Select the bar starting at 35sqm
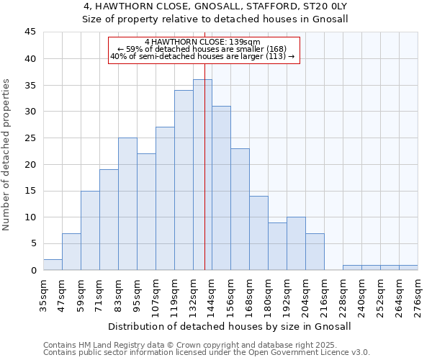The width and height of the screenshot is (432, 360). (53, 265)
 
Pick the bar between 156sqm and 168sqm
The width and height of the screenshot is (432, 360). (240, 209)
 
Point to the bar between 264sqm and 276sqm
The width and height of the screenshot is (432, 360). (408, 268)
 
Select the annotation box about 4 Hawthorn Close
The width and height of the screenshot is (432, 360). (204, 50)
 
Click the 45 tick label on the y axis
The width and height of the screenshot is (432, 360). (30, 32)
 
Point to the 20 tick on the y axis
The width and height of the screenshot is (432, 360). (30, 164)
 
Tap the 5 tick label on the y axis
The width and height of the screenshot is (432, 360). (32, 243)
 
